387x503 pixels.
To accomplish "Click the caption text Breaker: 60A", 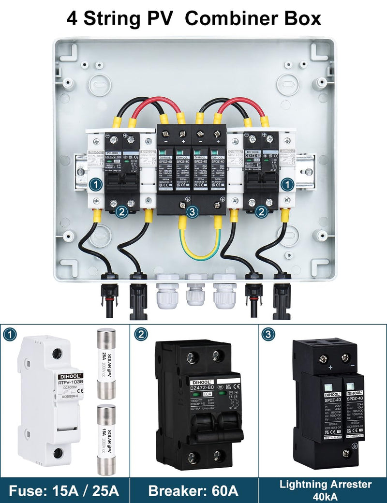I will (193, 490).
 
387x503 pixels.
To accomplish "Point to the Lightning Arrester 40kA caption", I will (322, 489).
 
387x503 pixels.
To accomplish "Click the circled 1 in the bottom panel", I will (10, 334).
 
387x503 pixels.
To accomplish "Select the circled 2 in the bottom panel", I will (140, 334).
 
